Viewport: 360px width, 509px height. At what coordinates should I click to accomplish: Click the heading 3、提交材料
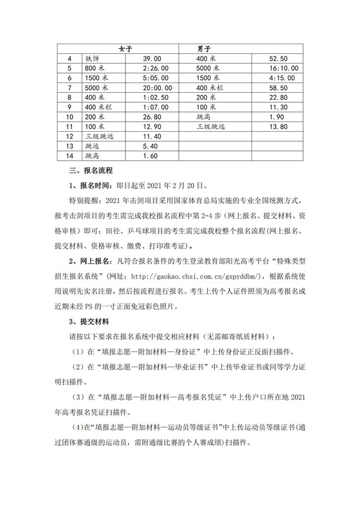[91, 321]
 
